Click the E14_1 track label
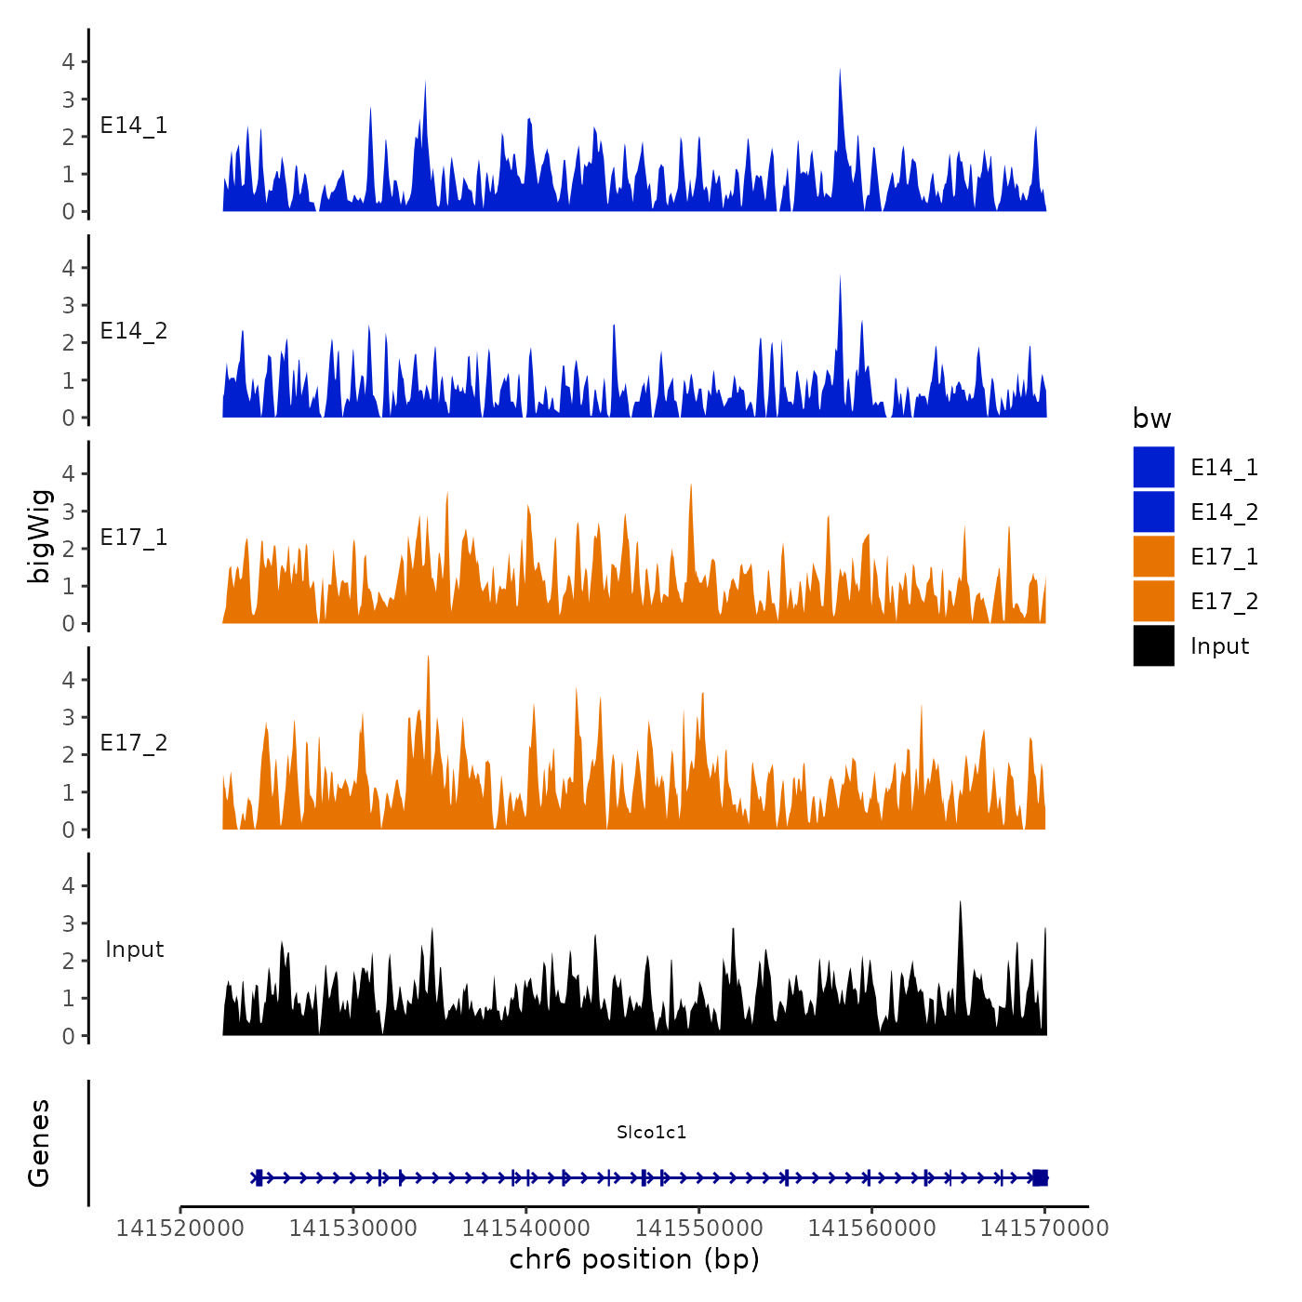point(134,126)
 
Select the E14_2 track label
point(134,331)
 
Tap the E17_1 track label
point(134,538)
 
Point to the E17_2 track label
point(134,743)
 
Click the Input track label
point(134,950)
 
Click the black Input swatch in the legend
point(1153,646)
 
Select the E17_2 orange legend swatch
point(1153,602)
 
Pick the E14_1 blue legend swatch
point(1153,468)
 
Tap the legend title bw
point(1151,419)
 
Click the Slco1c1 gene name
point(651,1132)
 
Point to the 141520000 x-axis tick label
point(180,1229)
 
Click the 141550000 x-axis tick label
point(698,1229)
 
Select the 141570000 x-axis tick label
point(1044,1229)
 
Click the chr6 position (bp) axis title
point(634,1260)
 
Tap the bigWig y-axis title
point(39,537)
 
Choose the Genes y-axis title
point(39,1143)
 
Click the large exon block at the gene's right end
point(1040,1177)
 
